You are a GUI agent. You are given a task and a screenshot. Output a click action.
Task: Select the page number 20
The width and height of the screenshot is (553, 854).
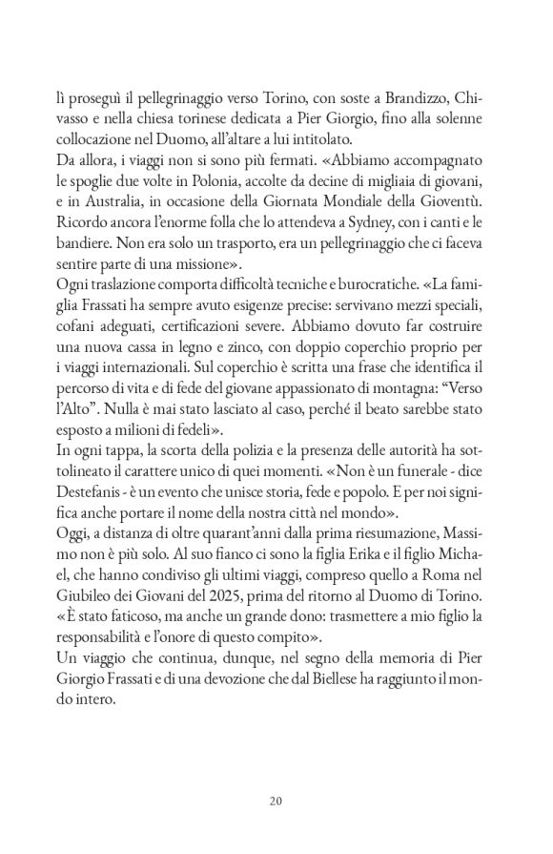(276, 800)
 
